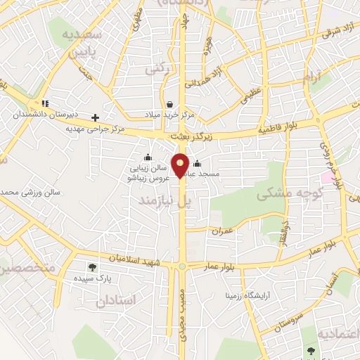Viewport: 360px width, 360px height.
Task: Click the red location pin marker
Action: [x=181, y=165]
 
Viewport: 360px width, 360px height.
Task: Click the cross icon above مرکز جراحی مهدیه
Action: [x=95, y=117]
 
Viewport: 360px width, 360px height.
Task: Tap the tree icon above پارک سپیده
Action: [x=92, y=266]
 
